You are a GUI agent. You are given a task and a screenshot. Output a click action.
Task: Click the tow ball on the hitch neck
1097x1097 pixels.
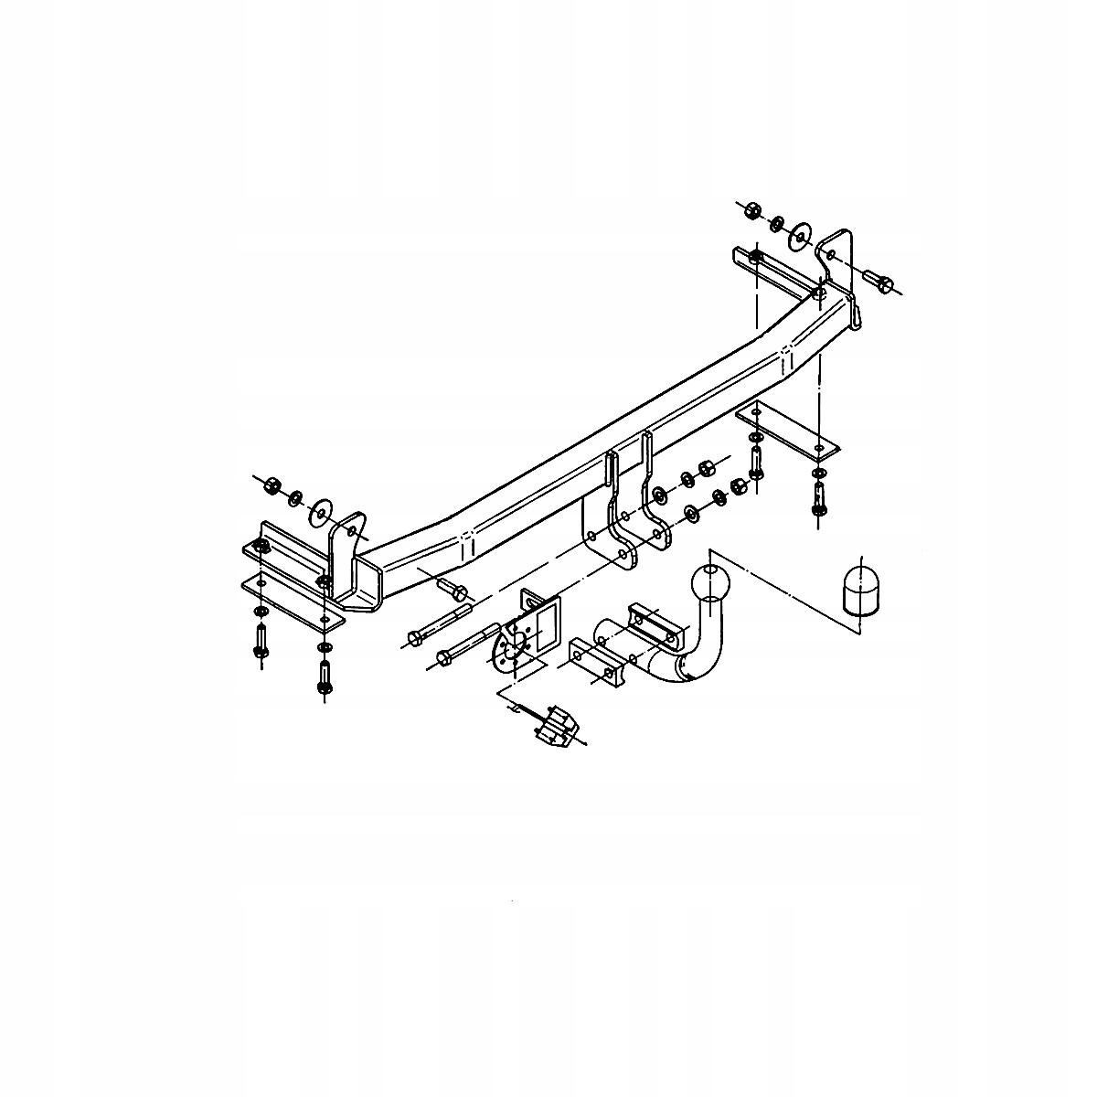[x=708, y=582]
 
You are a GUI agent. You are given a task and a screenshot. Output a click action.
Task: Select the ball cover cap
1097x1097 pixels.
[x=861, y=590]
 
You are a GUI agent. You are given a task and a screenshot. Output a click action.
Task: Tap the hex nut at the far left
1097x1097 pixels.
[x=272, y=486]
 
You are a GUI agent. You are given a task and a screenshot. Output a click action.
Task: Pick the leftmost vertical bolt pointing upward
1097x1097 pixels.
[x=261, y=640]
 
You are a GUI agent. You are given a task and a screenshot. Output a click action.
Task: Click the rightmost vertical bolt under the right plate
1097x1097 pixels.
[x=817, y=497]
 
